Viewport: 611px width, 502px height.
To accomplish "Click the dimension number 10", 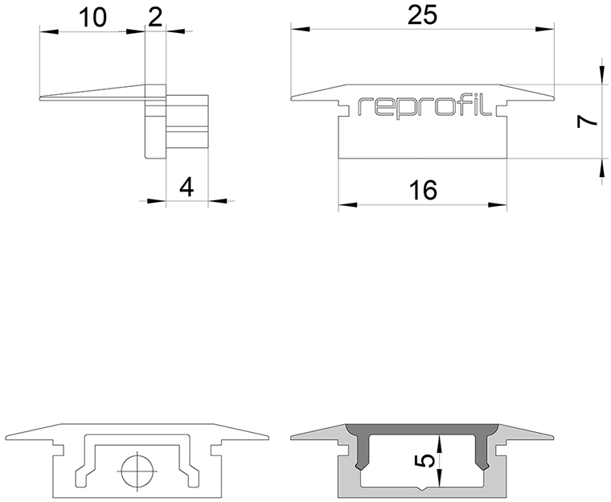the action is pyautogui.click(x=92, y=18).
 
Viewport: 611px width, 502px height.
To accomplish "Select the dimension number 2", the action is pyautogui.click(x=155, y=18).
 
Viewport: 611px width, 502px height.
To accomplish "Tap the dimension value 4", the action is pyautogui.click(x=187, y=187).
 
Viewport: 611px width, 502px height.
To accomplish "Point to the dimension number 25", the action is pyautogui.click(x=422, y=15).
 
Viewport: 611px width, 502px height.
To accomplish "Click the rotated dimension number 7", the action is pyautogui.click(x=587, y=122).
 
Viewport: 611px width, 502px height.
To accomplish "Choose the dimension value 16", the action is pyautogui.click(x=423, y=191).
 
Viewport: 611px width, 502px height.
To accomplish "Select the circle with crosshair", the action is pyautogui.click(x=137, y=471).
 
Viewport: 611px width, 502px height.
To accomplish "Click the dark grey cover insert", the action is pyautogui.click(x=422, y=429).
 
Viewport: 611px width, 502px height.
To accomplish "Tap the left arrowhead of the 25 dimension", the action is pyautogui.click(x=300, y=29).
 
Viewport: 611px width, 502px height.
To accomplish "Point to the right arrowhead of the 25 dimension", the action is pyautogui.click(x=545, y=29).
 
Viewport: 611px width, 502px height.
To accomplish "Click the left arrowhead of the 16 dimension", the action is pyautogui.click(x=348, y=205).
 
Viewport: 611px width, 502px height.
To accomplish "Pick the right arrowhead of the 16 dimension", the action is pyautogui.click(x=498, y=205).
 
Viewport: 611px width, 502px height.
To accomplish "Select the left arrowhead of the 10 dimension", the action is pyautogui.click(x=49, y=31).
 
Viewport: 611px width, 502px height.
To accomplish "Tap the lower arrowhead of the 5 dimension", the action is pyautogui.click(x=440, y=478).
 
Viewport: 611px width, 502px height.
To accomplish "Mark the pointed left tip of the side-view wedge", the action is pyautogui.click(x=40, y=98).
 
